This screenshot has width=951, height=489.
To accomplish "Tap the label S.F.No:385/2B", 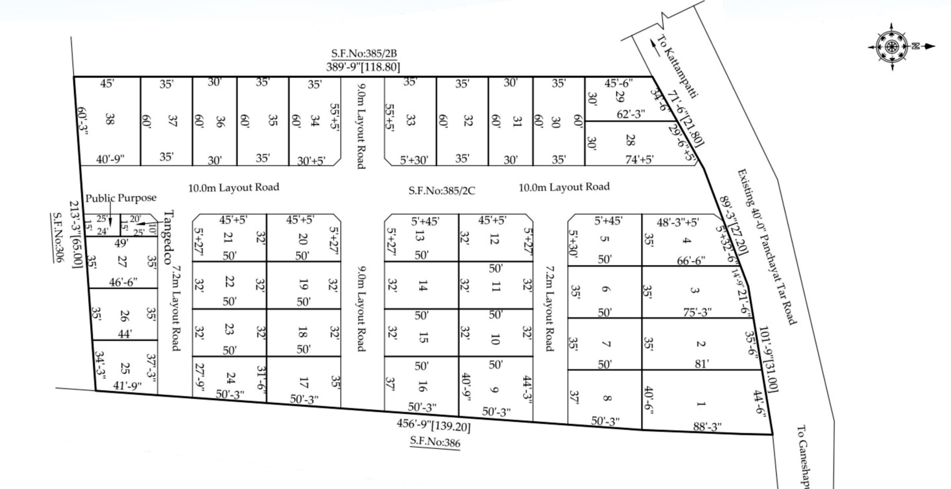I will tap(364, 53).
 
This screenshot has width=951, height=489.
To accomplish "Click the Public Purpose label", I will tap(121, 198).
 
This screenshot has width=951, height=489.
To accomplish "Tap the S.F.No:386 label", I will tap(435, 442).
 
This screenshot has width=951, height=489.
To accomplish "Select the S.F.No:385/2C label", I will tap(442, 191).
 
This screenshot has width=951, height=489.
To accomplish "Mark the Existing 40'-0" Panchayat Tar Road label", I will tap(767, 247).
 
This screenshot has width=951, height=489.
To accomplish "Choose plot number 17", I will tap(303, 383).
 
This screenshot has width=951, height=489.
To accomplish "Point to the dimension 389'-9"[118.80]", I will tap(363, 67).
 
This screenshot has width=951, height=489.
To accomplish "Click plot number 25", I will tap(125, 368).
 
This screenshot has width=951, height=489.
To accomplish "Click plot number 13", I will tap(419, 236).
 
